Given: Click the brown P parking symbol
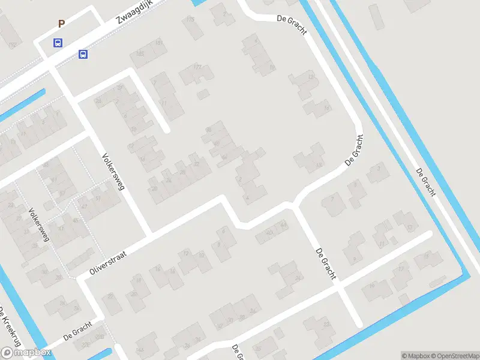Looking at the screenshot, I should (61, 24).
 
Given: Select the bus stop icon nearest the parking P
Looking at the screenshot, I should (58, 43).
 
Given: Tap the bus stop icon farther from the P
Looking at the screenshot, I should (83, 55).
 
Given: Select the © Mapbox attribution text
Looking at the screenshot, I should (415, 356).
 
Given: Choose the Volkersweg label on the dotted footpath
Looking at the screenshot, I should (38, 225).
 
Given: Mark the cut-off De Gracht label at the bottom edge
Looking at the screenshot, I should (237, 353).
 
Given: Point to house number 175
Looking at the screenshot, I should (191, 20).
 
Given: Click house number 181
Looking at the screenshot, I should (159, 43).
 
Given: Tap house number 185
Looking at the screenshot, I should (140, 55).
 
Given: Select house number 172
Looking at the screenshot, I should (197, 67).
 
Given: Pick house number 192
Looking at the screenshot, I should (13, 45).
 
